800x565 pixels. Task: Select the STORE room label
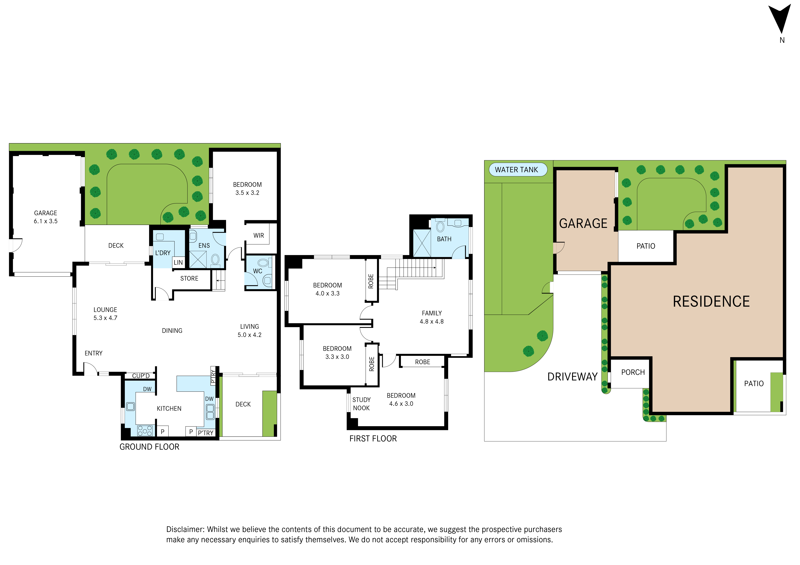pyautogui.click(x=189, y=279)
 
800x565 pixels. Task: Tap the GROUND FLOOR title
pyautogui.click(x=149, y=447)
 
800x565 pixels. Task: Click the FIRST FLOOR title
pyautogui.click(x=373, y=439)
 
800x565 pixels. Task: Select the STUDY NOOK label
pyautogui.click(x=361, y=404)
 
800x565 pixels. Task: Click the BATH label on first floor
pyautogui.click(x=444, y=239)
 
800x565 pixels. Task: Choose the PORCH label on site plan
pyautogui.click(x=633, y=373)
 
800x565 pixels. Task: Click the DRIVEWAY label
pyautogui.click(x=572, y=377)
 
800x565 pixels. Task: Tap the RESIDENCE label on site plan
pyautogui.click(x=711, y=302)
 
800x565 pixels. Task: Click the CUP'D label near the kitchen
pyautogui.click(x=141, y=376)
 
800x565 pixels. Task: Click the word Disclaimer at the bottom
pyautogui.click(x=185, y=530)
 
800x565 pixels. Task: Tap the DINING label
pyautogui.click(x=172, y=331)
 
